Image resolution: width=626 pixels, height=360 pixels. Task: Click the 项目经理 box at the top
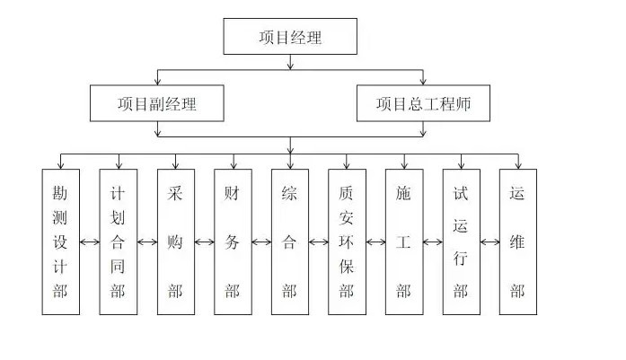pyautogui.click(x=289, y=37)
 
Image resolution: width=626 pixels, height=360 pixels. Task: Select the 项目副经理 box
pyautogui.click(x=157, y=103)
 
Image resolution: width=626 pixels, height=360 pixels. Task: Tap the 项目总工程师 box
pyautogui.click(x=424, y=103)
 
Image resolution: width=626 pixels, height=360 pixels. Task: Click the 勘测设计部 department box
pyautogui.click(x=61, y=241)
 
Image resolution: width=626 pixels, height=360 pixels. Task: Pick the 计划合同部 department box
pyautogui.click(x=118, y=241)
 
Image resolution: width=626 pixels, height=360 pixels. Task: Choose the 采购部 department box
pyautogui.click(x=175, y=241)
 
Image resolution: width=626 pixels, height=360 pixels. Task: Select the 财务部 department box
pyautogui.click(x=233, y=241)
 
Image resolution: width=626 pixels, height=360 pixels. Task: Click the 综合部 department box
pyautogui.click(x=289, y=241)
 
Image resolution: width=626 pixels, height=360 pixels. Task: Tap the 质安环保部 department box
pyautogui.click(x=347, y=241)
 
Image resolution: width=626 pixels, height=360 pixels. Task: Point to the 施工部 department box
pyautogui.click(x=404, y=241)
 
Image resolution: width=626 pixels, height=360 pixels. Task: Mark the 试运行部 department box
pyautogui.click(x=462, y=241)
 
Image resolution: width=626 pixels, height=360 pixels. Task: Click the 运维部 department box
pyautogui.click(x=518, y=241)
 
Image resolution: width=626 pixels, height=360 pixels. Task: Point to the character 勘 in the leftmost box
pyautogui.click(x=61, y=193)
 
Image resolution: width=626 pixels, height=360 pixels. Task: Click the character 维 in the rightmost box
pyautogui.click(x=518, y=241)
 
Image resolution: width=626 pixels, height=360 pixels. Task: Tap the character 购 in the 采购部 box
pyautogui.click(x=175, y=241)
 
